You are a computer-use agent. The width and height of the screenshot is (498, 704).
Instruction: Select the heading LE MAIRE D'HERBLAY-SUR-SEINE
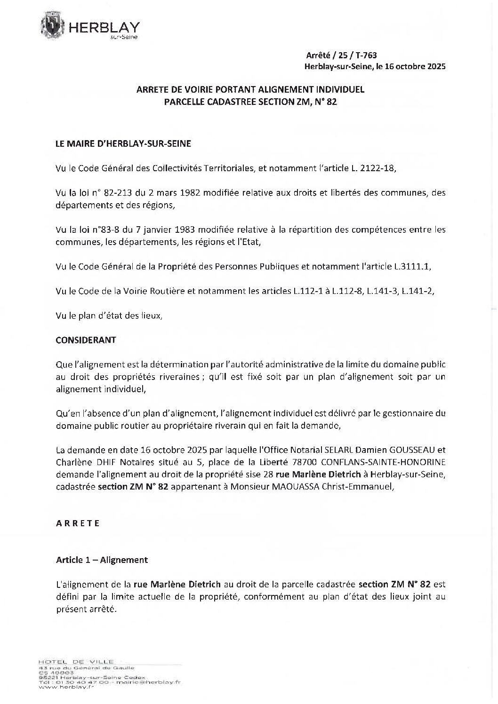[x=123, y=144]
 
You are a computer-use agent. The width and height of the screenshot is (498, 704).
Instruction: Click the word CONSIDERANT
[x=86, y=340]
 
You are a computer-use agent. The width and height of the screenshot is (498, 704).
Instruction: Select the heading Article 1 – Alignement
[x=102, y=560]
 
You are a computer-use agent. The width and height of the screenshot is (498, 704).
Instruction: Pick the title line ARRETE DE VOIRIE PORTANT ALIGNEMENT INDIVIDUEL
[x=250, y=90]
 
